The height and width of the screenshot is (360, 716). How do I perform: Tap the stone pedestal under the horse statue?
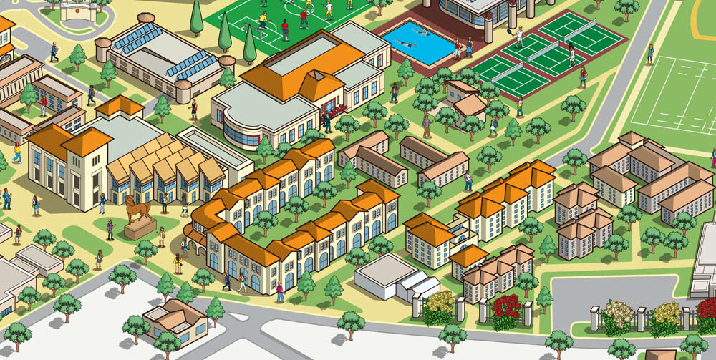pyautogui.click(x=140, y=230)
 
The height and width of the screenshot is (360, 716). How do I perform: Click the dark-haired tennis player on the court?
pyautogui.click(x=572, y=55)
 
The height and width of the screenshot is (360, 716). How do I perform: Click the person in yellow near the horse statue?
pyautogui.click(x=178, y=263)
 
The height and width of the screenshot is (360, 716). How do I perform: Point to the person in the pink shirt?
pyautogui.click(x=280, y=292)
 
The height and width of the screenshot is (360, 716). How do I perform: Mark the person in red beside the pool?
pyautogui.click(x=458, y=49)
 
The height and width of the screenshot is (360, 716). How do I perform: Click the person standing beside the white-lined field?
pyautogui.click(x=650, y=53)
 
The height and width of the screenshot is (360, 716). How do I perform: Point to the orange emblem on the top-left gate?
pyautogui.click(x=77, y=10)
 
